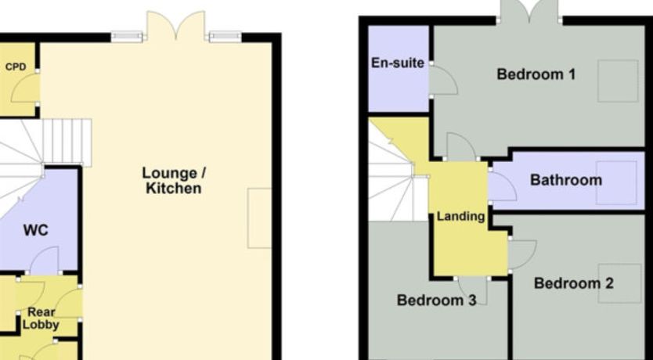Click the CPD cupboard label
16,67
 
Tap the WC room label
36,230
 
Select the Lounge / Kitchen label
174,181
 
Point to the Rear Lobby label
41,319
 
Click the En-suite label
398,63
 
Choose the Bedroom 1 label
536,74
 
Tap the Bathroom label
566,180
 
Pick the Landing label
460,217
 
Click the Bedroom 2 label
573,283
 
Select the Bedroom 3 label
436,300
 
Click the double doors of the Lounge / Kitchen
176,26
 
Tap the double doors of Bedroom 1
529,11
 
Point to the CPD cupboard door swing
26,88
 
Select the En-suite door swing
443,81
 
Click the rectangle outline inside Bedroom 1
618,81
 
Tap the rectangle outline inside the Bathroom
616,182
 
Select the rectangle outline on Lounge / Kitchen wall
260,218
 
